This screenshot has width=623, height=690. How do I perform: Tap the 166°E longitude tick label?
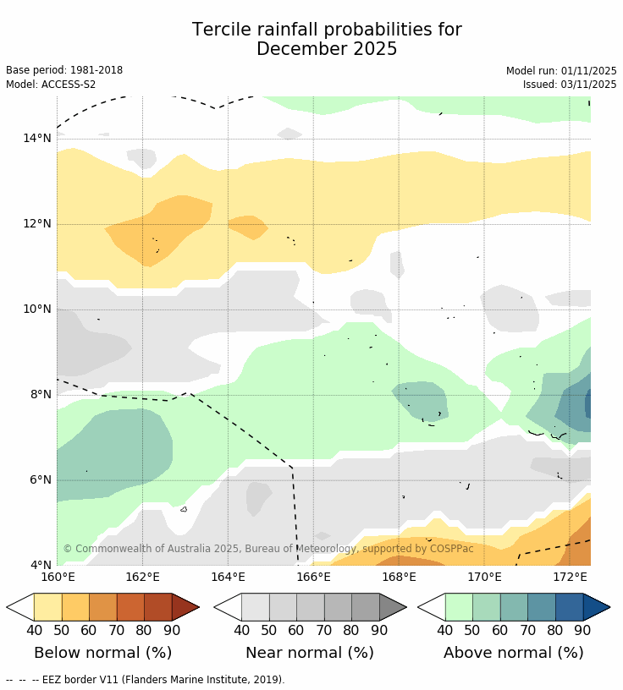point(313,578)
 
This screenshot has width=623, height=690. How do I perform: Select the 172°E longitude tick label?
point(570,578)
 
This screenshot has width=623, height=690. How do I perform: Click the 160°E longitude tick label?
point(58,578)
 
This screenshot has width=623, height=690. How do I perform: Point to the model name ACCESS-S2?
point(69,85)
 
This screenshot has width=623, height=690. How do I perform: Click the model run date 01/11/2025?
point(587,71)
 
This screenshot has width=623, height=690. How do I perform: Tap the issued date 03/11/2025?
point(587,85)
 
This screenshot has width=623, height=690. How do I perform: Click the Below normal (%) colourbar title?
point(102,653)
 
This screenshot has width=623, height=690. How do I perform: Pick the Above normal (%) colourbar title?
point(513,653)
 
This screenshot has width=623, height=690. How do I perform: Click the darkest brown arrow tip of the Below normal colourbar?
point(185,607)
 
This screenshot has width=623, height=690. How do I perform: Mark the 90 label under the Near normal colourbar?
point(379,630)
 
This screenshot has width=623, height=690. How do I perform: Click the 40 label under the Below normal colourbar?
point(34,630)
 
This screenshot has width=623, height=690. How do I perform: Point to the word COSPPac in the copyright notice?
point(451,549)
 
